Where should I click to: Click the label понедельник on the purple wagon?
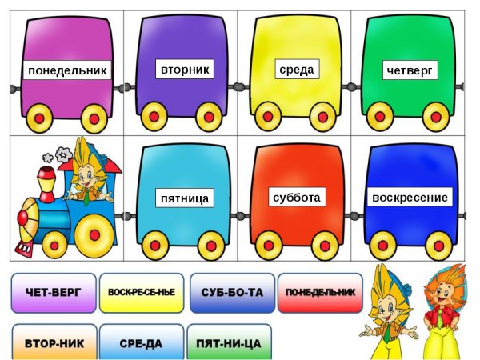coord(67,71)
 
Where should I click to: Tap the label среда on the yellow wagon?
coord(296,70)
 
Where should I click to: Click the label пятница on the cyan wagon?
coord(184,197)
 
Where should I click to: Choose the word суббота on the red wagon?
coord(296,196)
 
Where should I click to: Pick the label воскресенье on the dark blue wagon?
coord(410,197)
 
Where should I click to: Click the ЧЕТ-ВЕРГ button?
coord(54,293)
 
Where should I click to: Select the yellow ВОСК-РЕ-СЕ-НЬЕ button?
coord(141,293)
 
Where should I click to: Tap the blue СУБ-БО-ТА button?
coord(232,293)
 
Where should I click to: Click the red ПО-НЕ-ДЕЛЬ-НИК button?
coord(320,293)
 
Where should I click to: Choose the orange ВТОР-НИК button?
coord(54,343)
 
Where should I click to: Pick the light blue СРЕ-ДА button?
coord(141,343)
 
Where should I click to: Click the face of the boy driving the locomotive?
coord(83,174)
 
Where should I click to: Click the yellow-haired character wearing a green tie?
coord(386,312)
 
